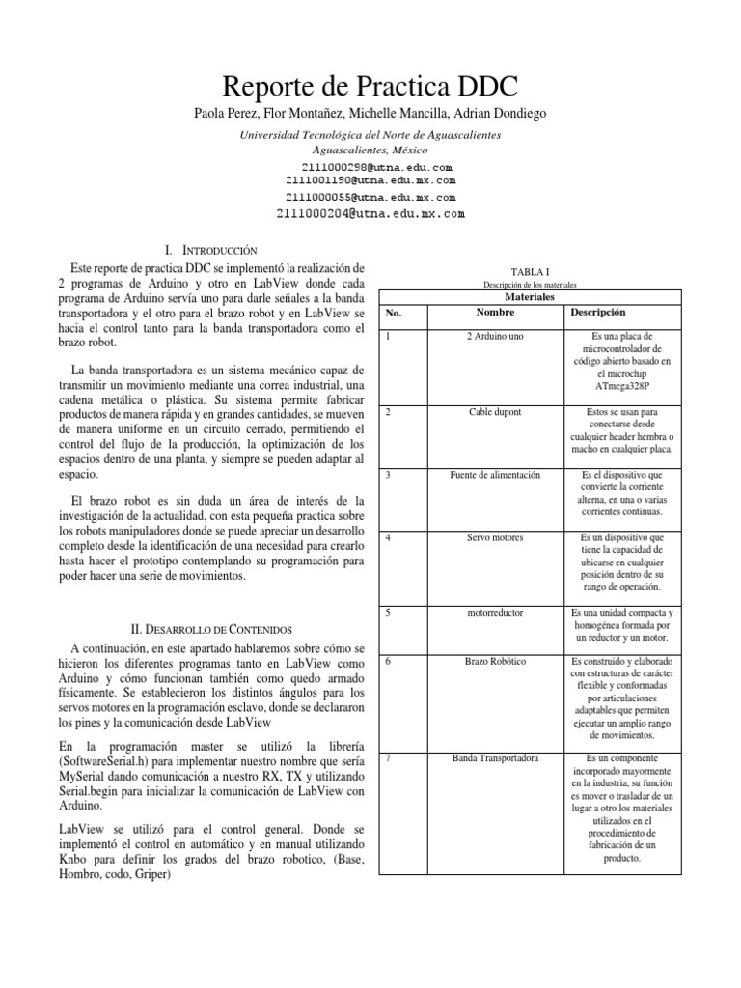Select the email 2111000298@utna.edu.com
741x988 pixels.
tap(370, 167)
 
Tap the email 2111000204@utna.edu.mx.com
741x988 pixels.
tap(370, 213)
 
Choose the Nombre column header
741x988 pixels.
tap(495, 313)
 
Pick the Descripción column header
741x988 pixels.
tap(598, 313)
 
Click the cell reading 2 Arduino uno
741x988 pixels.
tap(495, 336)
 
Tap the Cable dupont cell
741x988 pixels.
tap(495, 412)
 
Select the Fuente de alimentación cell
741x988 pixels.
tap(495, 475)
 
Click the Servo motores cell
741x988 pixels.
tap(495, 536)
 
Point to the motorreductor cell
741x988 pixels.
tap(495, 612)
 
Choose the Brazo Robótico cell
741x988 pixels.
tap(495, 662)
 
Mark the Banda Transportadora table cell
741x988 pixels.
tap(495, 758)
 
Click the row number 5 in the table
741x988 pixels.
tap(387, 612)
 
